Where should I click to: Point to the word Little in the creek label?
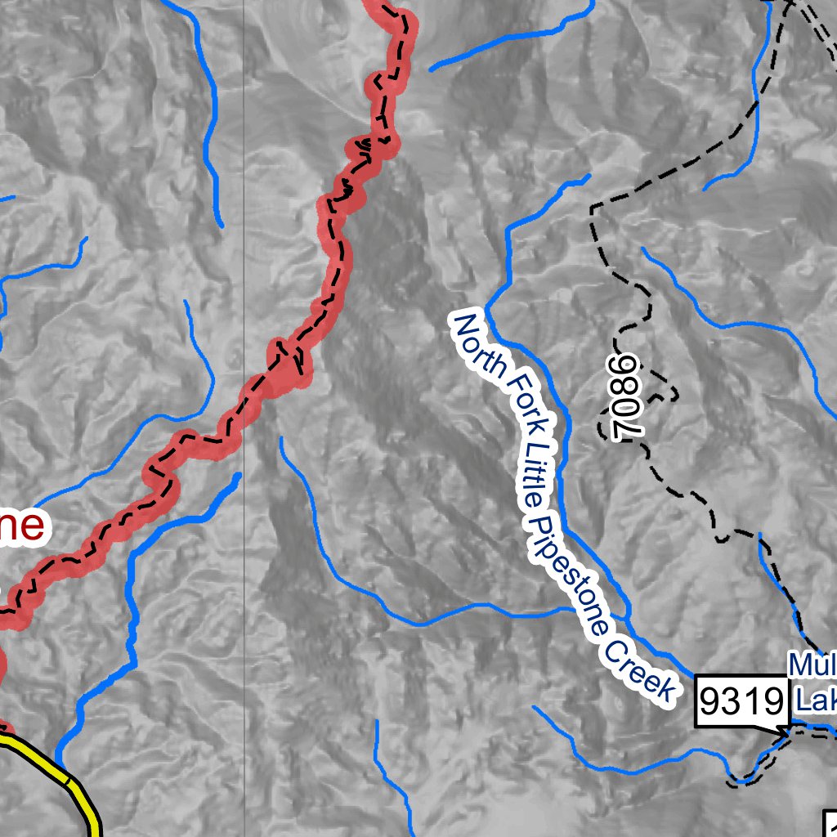tap(539, 462)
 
